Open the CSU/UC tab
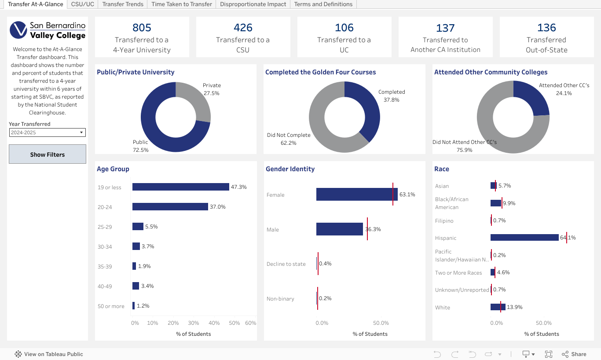(83, 4)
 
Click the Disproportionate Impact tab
(253, 4)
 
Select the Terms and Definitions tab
(323, 4)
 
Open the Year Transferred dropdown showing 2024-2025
(48, 132)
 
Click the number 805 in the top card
(142, 28)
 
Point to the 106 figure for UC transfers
(344, 28)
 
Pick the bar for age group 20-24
(170, 207)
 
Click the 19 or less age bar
(180, 187)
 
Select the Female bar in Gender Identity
(356, 195)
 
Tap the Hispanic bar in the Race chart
(524, 238)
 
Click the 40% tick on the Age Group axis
(214, 323)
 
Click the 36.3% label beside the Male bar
(373, 229)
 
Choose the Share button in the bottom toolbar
(574, 354)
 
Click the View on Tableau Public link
(53, 354)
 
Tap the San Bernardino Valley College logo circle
(18, 30)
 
